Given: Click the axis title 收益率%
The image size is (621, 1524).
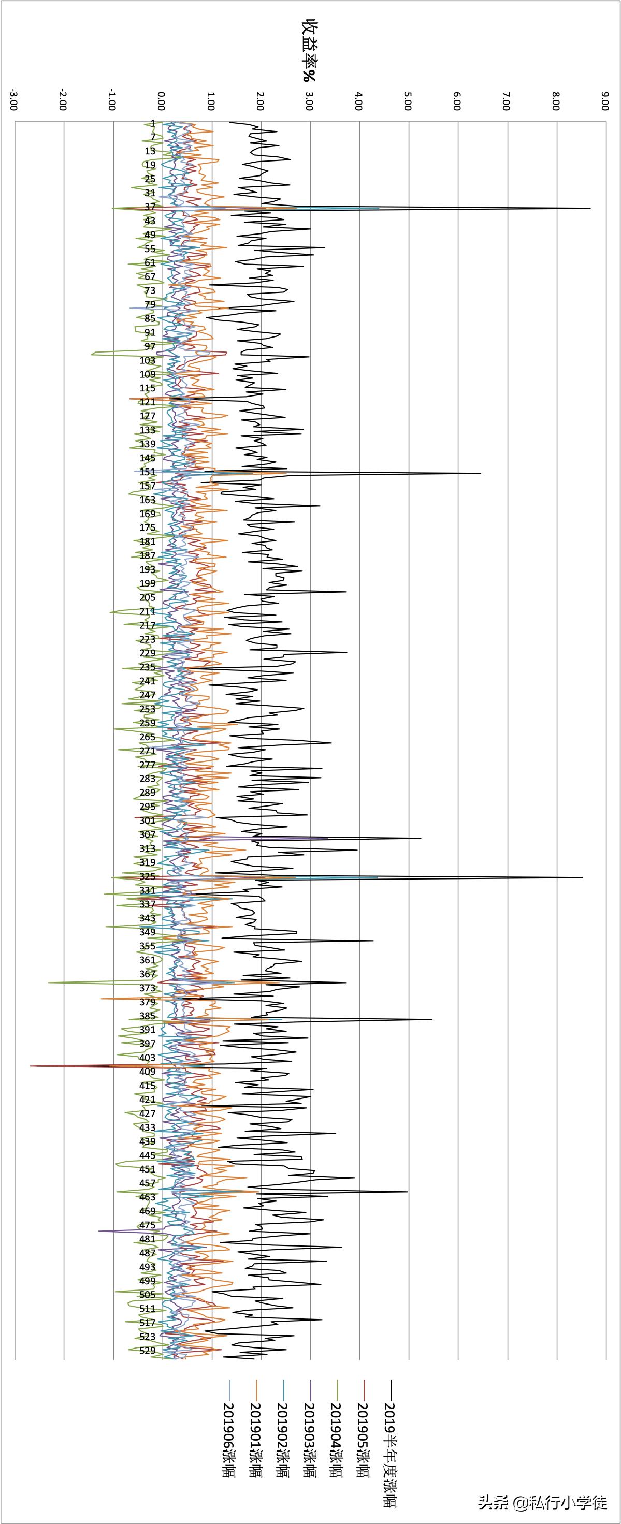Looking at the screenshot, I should pos(309,51).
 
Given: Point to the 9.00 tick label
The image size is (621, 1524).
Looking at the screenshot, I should pos(604,100).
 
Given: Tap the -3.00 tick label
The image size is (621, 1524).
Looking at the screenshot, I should pos(13,100).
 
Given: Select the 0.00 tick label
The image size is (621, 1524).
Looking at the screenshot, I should pos(161,100).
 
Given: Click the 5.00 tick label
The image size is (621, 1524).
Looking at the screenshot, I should pos(407,100).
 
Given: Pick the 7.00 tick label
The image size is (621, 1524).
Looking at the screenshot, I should pos(506,100).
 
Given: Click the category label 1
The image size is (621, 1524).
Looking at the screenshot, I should pos(153,123).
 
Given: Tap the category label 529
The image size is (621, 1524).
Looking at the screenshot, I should pos(148,1350).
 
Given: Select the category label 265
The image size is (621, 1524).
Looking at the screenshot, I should pos(148,737).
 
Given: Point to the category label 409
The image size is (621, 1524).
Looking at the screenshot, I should pos(148,1072).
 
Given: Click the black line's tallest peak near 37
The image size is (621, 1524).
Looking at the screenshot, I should pos(589,208).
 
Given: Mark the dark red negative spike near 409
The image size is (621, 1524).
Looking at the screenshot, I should pos(32,1066).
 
